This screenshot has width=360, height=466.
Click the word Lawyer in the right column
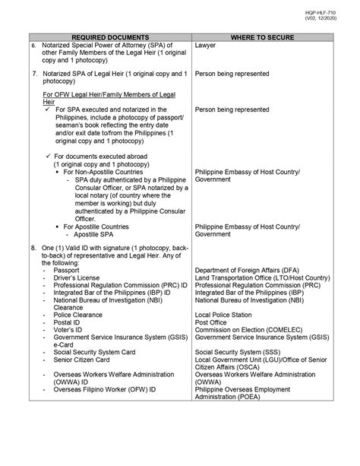(206, 46)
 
